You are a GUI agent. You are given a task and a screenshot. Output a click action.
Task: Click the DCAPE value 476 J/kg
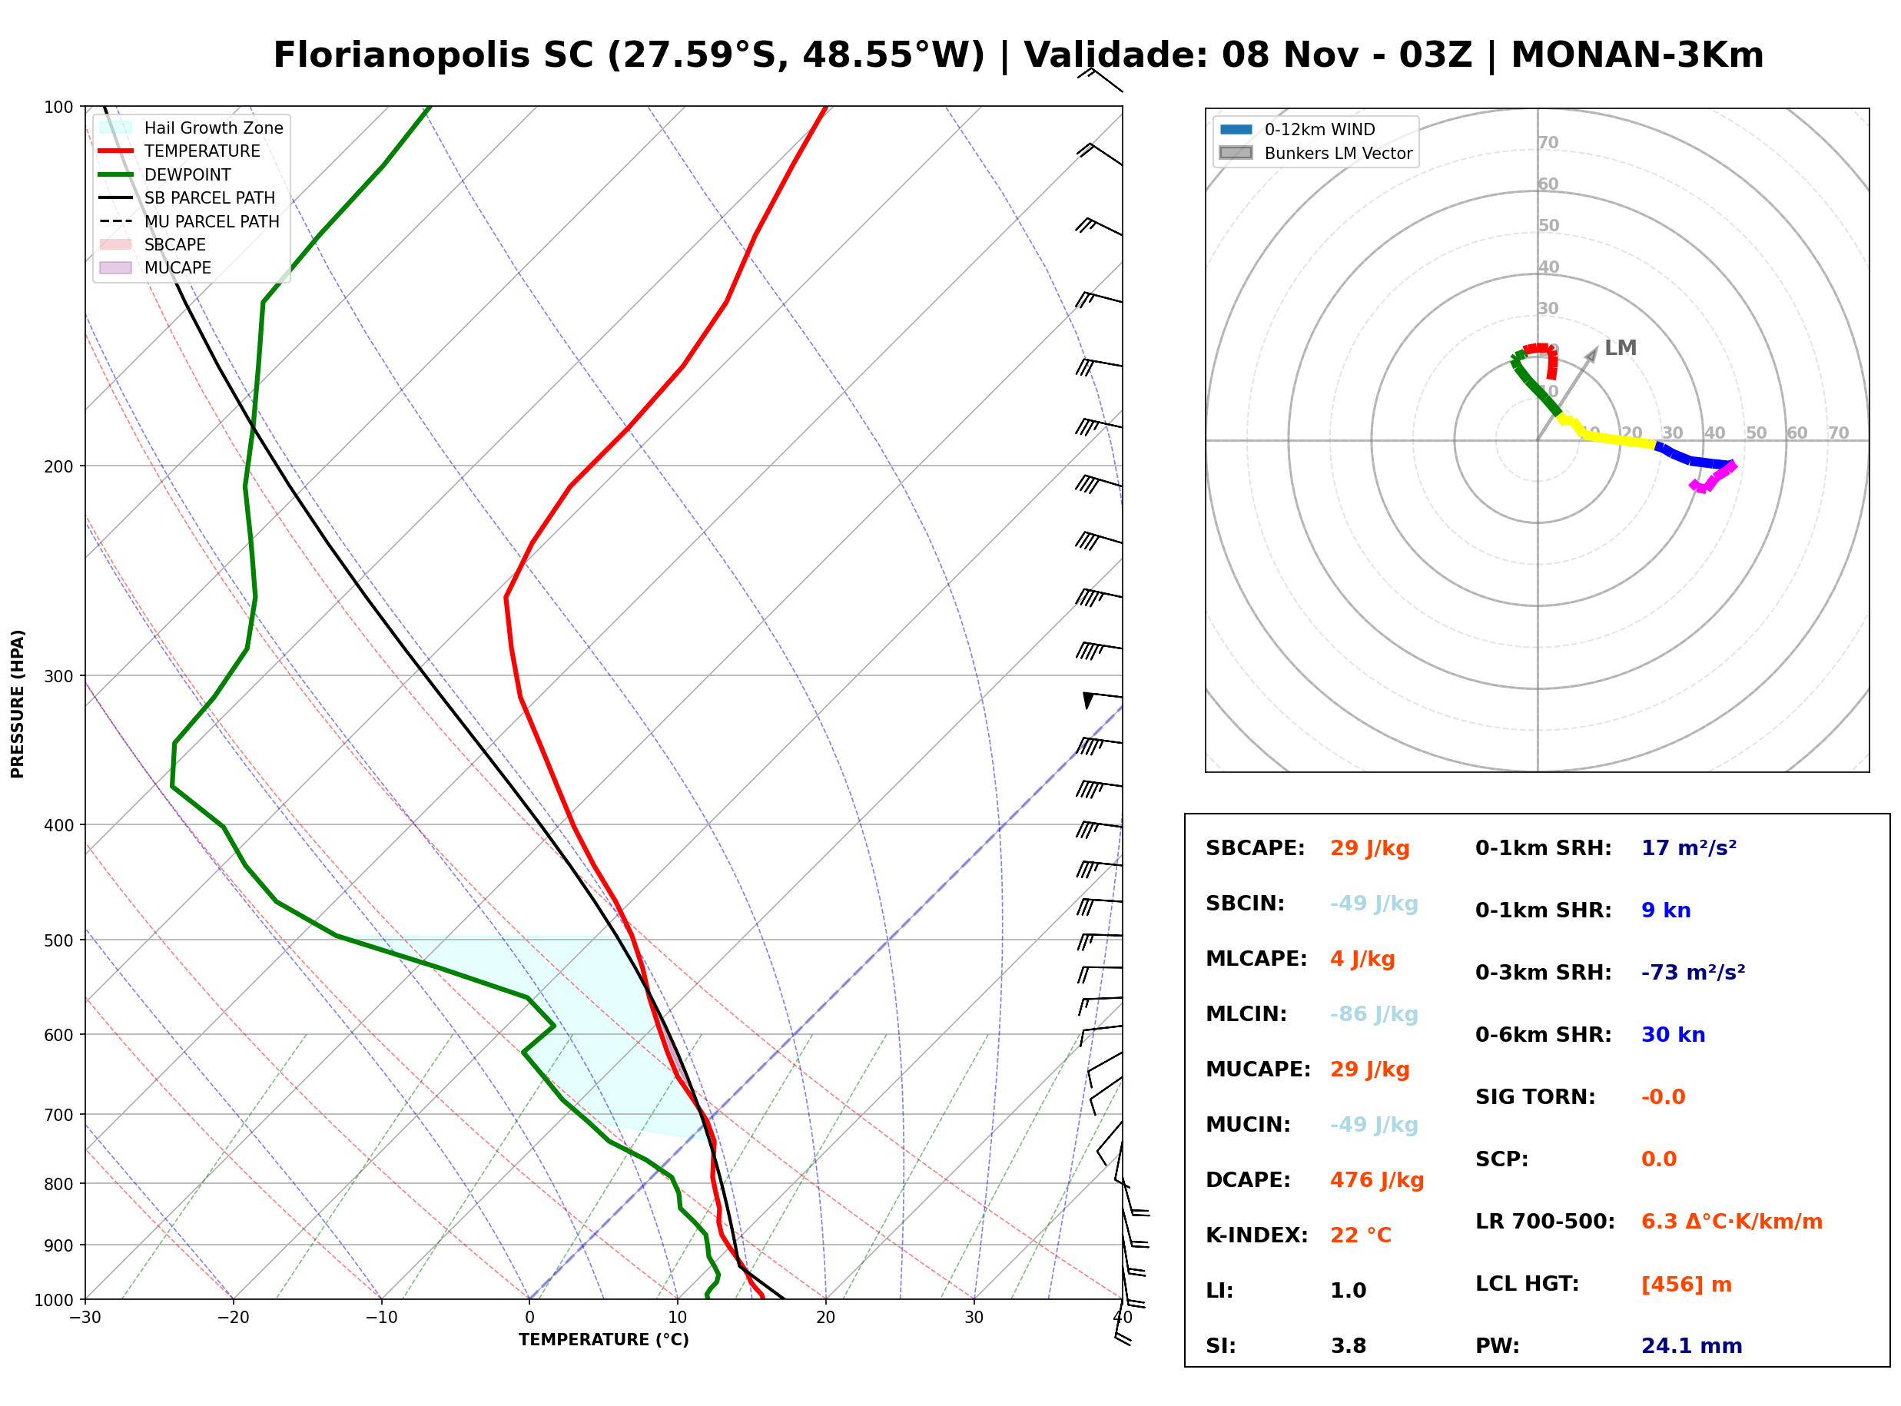pos(1376,1179)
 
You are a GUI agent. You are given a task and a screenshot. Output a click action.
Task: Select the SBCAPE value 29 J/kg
pos(1369,847)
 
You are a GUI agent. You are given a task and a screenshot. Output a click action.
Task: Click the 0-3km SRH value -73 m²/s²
pos(1693,972)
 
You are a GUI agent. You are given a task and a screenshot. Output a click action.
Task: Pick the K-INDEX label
pos(1256,1235)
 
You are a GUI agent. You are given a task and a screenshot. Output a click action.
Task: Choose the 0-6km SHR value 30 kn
pos(1673,1034)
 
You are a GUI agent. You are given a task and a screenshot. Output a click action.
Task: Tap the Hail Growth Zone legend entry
pos(191,128)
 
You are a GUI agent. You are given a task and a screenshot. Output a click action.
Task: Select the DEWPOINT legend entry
pos(165,174)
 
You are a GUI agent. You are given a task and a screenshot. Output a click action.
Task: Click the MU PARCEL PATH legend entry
pos(189,221)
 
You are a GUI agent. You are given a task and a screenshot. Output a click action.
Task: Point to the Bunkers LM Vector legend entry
pos(1315,153)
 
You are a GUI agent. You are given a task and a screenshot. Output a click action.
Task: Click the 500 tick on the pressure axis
pos(60,940)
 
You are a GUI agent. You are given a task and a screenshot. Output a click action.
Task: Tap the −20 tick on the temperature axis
pos(232,1318)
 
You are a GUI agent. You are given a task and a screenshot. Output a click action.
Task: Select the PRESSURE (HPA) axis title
pos(18,704)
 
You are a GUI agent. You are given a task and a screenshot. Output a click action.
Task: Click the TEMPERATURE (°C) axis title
pos(603,1340)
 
